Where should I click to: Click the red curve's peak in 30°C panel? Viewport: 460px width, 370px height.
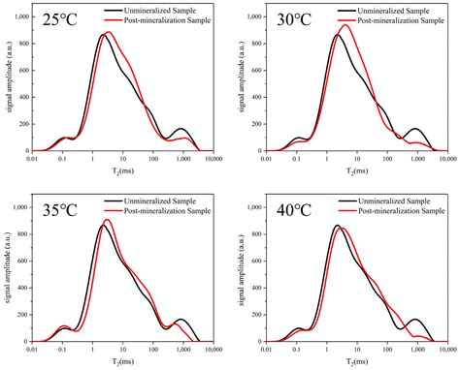pyautogui.click(x=345, y=25)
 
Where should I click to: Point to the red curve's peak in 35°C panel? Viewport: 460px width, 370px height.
pyautogui.click(x=108, y=220)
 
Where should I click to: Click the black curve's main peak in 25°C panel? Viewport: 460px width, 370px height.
pyautogui.click(x=103, y=35)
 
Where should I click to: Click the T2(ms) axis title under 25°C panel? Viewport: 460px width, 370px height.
pyautogui.click(x=117, y=170)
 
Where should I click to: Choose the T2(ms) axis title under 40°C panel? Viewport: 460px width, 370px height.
pyautogui.click(x=348, y=361)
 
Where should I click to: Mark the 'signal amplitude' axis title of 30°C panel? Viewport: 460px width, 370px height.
pyautogui.click(x=240, y=83)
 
